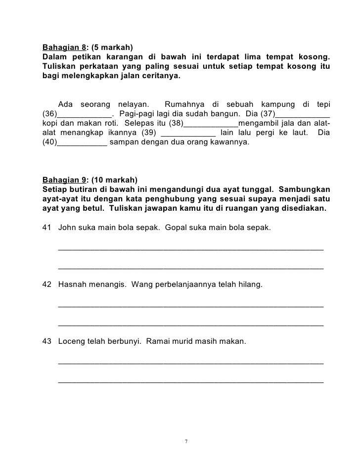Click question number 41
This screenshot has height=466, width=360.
point(48,228)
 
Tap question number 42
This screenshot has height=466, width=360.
point(48,285)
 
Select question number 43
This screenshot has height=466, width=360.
point(48,342)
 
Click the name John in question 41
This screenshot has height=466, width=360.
point(67,228)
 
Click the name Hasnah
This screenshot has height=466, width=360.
point(73,285)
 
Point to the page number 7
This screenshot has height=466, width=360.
point(185,441)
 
